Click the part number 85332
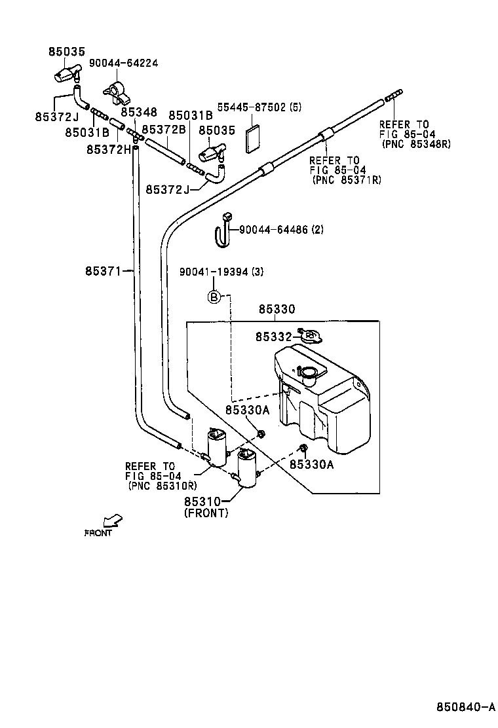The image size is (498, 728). pos(273,337)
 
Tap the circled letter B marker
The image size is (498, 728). pos(214,297)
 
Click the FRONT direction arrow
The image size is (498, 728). pos(113,520)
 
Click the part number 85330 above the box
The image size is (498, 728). pos(276,309)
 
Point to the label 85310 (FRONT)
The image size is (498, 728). pos(206,507)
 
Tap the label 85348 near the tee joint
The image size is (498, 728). pos(139,112)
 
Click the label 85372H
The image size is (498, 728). pos(109,149)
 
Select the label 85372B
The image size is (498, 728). pos(164,130)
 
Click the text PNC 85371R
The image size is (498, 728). pos(347,179)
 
